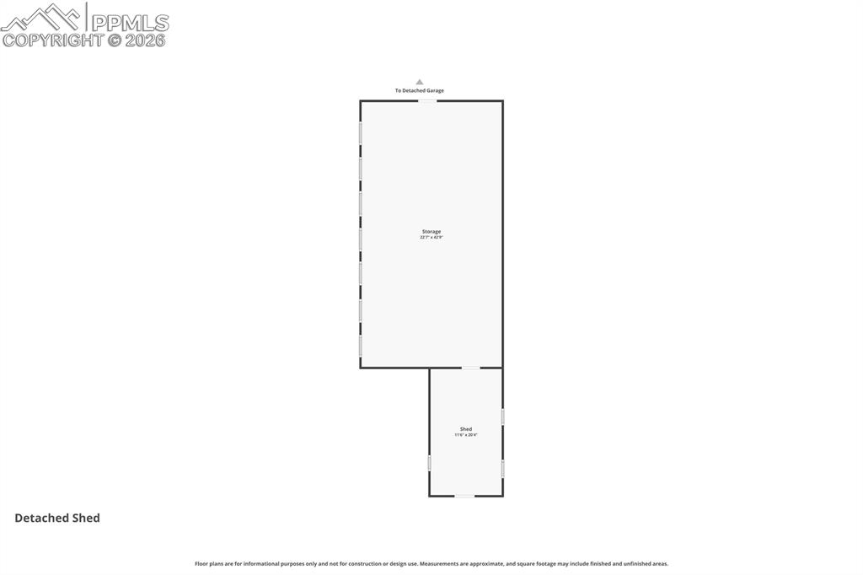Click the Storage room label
[x=431, y=231]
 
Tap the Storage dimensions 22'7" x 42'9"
[x=431, y=238]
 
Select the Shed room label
[x=466, y=429]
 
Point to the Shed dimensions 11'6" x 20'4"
[x=466, y=435]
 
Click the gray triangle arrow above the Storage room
[x=420, y=82]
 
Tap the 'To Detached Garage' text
[x=420, y=90]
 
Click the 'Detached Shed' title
[x=57, y=518]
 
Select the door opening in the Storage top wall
[x=428, y=101]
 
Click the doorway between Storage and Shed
[x=470, y=368]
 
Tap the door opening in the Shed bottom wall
[x=464, y=496]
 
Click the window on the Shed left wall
[x=430, y=463]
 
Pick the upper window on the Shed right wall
[x=503, y=416]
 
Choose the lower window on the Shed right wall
[x=503, y=469]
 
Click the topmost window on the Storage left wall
[x=361, y=134]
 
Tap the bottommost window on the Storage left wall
[x=361, y=346]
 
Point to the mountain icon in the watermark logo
[x=42, y=17]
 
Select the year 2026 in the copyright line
[x=146, y=40]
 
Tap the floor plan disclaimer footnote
[x=431, y=563]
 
